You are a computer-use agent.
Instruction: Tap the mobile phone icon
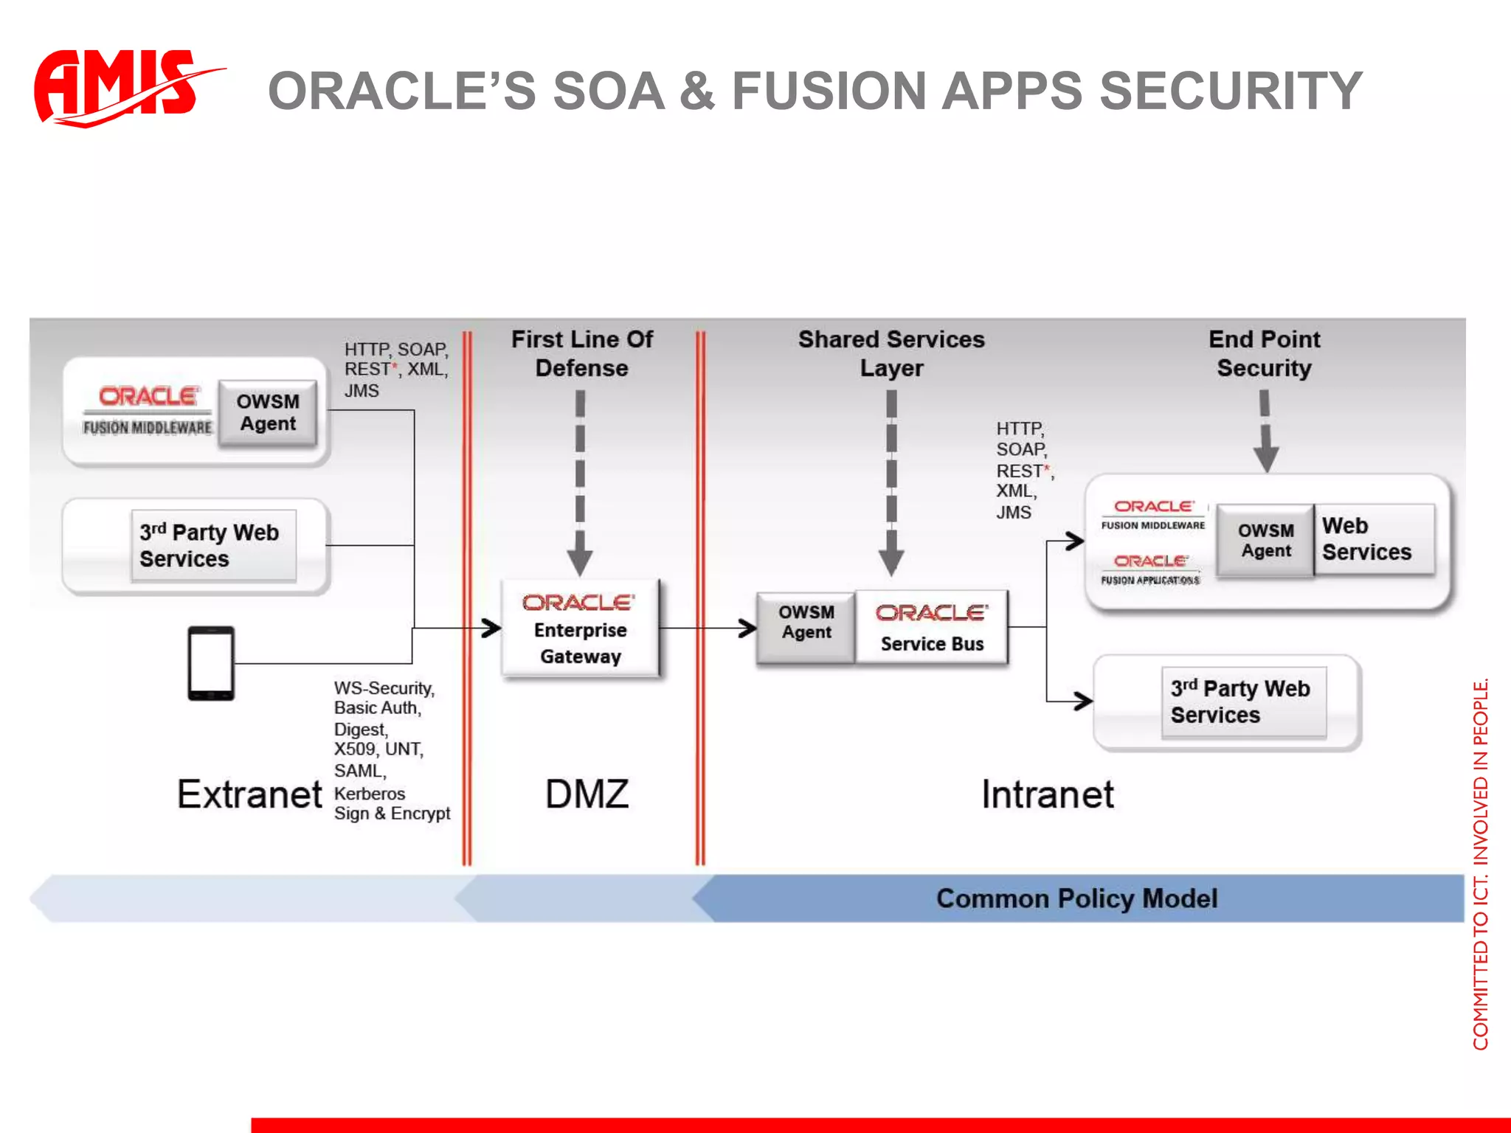point(211,663)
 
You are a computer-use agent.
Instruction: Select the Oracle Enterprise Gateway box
point(581,629)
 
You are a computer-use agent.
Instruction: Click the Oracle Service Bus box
point(932,628)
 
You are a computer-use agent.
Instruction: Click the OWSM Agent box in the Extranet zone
point(268,413)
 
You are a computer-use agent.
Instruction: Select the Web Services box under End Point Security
point(1373,539)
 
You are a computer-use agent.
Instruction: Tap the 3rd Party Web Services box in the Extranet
point(213,546)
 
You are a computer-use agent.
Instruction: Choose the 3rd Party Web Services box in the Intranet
point(1244,702)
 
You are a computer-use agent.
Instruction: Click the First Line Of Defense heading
point(581,353)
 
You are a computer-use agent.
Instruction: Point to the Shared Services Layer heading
point(891,353)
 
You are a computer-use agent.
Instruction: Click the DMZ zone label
point(587,794)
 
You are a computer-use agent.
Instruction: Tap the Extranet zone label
point(249,794)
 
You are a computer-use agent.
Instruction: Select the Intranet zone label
point(1047,794)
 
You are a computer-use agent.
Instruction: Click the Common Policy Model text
point(1076,898)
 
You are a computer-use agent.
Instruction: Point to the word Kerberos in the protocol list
point(370,794)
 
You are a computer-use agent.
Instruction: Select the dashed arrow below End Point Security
point(1265,432)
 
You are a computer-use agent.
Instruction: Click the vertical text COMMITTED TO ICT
point(1480,863)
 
